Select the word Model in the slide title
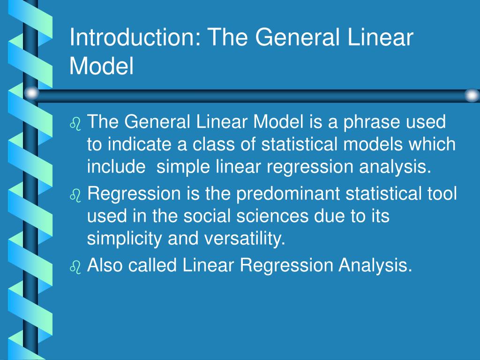pyautogui.click(x=102, y=66)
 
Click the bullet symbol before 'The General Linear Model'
pyautogui.click(x=75, y=124)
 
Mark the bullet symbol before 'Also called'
pyautogui.click(x=75, y=267)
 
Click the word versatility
pyautogui.click(x=244, y=240)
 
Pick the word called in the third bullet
pyautogui.click(x=153, y=266)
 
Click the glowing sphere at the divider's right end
pyautogui.click(x=472, y=95)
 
